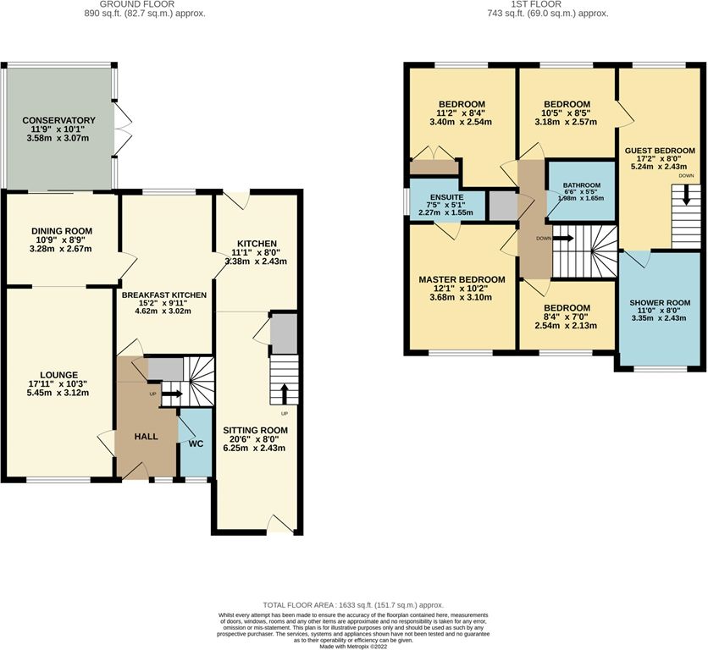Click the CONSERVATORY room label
pyautogui.click(x=59, y=120)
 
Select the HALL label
pyautogui.click(x=147, y=435)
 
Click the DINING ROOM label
pyautogui.click(x=62, y=230)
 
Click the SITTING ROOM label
pyautogui.click(x=257, y=430)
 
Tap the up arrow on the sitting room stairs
pyautogui.click(x=285, y=394)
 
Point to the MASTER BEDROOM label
pyautogui.click(x=462, y=279)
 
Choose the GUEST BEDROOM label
pyautogui.click(x=660, y=151)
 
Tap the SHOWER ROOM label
pyautogui.click(x=660, y=301)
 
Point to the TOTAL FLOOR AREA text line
pyautogui.click(x=353, y=605)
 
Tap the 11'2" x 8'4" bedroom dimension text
pyautogui.click(x=462, y=113)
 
